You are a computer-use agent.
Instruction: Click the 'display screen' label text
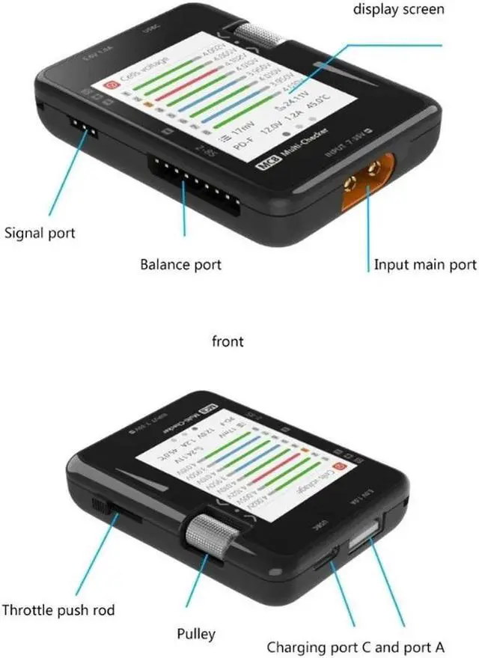398,10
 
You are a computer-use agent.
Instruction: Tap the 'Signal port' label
40,233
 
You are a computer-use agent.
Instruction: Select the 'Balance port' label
180,264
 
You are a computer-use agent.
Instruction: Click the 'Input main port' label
425,264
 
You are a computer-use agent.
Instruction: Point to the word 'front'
228,341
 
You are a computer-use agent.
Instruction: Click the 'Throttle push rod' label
59,610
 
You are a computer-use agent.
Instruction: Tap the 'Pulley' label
197,633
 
